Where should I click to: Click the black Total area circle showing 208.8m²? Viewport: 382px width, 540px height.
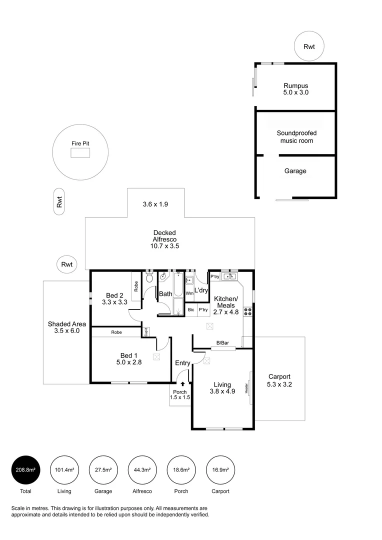click(25, 470)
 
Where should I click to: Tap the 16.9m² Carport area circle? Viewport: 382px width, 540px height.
click(220, 470)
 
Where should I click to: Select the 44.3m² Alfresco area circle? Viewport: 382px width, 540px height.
click(142, 470)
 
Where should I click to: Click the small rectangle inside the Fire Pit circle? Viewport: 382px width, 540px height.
click(80, 153)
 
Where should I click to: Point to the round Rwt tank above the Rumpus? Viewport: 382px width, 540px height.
click(309, 46)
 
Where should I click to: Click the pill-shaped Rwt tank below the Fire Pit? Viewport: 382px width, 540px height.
click(59, 202)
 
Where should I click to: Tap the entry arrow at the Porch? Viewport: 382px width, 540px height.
click(183, 384)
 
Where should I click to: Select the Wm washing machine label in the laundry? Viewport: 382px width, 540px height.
click(189, 293)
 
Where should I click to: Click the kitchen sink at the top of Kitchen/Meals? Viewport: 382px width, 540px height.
click(230, 276)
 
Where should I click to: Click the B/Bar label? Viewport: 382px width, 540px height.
click(222, 343)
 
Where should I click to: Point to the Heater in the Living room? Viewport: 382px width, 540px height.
click(247, 388)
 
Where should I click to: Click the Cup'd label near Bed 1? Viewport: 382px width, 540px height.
click(145, 331)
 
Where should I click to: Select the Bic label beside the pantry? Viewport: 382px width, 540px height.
click(191, 310)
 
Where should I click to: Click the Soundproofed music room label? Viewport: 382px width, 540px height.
click(296, 136)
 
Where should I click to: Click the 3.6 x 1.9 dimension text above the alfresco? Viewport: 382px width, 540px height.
click(156, 204)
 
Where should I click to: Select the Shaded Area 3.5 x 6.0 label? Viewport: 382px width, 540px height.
click(66, 327)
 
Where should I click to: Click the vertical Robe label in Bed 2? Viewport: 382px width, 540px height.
click(136, 285)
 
